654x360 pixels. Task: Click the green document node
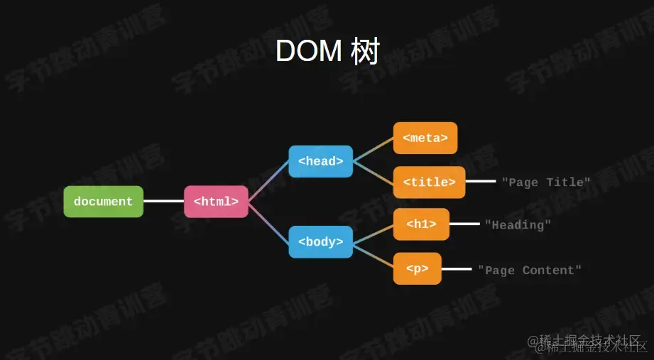[103, 202]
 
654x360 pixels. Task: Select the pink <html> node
[216, 202]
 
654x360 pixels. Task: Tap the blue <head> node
[320, 161]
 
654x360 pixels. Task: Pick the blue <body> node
[320, 242]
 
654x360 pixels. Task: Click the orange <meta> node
[425, 138]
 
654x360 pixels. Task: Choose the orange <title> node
[429, 182]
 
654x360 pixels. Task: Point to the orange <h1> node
[421, 224]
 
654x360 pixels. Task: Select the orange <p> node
[417, 269]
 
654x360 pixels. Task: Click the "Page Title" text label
[545, 182]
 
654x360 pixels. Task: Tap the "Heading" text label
[518, 225]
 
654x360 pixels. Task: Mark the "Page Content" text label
[529, 271]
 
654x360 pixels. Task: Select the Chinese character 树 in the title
[365, 52]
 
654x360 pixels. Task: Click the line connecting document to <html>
[163, 201]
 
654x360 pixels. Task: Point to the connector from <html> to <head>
[268, 182]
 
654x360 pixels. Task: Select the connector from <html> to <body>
[268, 222]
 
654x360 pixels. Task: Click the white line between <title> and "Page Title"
[481, 182]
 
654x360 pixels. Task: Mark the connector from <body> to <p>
[373, 256]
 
